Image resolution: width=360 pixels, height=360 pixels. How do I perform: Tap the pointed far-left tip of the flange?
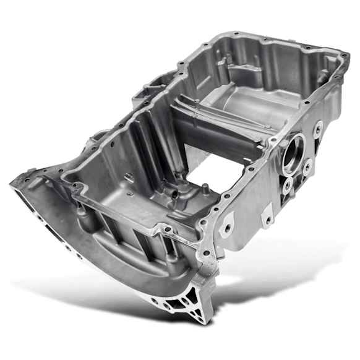tap(14, 182)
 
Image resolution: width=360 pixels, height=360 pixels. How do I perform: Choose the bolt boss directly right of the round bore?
tap(307, 165)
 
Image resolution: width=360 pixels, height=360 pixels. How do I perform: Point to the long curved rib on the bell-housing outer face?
tap(93, 260)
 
